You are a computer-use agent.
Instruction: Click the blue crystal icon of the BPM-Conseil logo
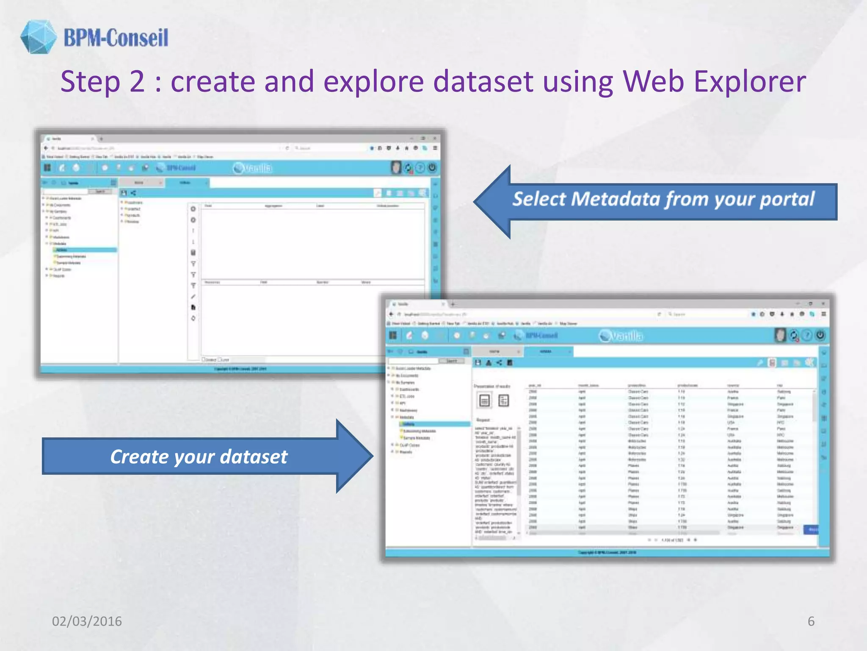[x=38, y=37]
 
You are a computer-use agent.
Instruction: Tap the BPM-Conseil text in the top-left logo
[x=116, y=38]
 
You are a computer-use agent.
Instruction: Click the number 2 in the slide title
[x=137, y=81]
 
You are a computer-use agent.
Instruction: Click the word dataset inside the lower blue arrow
[x=254, y=457]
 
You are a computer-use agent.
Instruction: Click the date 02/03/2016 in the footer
[x=87, y=621]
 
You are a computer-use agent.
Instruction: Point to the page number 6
[x=811, y=621]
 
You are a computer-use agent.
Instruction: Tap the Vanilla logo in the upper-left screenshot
[x=253, y=168]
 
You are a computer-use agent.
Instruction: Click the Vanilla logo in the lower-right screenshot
[x=621, y=336]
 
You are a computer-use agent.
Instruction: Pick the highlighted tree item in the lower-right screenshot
[x=433, y=424]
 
